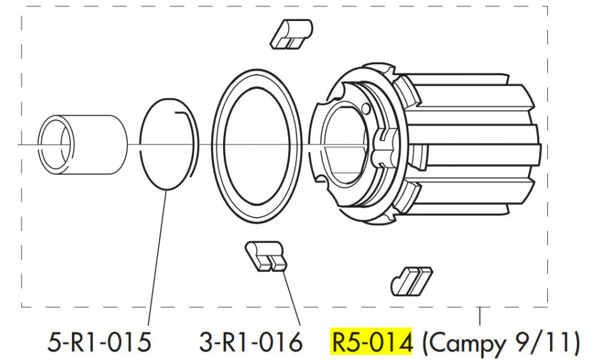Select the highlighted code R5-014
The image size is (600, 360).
point(372,343)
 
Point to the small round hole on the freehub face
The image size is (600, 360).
point(365,109)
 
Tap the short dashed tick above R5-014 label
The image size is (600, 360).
point(480,315)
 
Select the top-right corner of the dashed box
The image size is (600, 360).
point(547,7)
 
